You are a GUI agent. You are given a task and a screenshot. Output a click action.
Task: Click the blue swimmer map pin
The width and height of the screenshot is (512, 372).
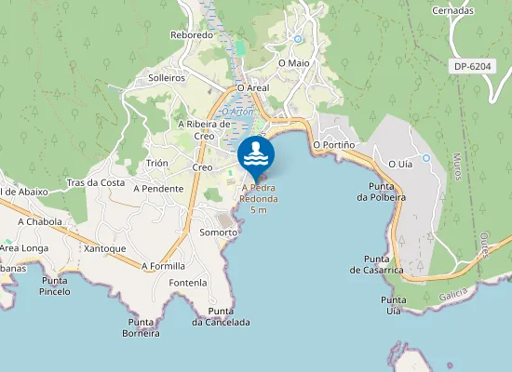click(256, 154)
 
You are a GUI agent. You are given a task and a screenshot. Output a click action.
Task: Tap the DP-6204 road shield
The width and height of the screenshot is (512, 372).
click(472, 66)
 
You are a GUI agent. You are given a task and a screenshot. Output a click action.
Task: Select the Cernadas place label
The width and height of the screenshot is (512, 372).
click(452, 10)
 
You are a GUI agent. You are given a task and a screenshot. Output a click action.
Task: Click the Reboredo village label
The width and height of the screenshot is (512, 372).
click(192, 34)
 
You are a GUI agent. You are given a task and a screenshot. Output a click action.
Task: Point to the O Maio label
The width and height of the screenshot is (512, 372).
click(293, 62)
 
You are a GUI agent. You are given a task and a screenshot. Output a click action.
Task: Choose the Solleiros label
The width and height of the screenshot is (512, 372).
click(167, 78)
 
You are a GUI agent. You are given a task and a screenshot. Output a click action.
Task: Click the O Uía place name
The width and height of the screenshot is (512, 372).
click(399, 163)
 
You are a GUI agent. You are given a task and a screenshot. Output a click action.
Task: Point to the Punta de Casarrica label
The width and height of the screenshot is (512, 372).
click(376, 264)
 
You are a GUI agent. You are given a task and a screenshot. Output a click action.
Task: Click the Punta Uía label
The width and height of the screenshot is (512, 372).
click(392, 306)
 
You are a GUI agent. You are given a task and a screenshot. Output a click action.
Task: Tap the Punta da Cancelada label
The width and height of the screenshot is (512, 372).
click(221, 316)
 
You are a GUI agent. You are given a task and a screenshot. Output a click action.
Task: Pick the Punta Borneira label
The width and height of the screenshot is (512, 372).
click(142, 327)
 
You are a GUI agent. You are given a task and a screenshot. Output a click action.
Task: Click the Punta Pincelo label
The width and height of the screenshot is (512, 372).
click(55, 286)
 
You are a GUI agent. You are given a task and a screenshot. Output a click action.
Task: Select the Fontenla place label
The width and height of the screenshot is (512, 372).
click(188, 282)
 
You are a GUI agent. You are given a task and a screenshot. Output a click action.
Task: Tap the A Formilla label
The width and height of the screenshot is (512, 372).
click(163, 265)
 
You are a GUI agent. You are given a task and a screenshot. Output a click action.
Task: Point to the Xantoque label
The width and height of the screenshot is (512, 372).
click(104, 248)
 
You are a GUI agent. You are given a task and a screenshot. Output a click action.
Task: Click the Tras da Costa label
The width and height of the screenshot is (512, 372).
click(96, 182)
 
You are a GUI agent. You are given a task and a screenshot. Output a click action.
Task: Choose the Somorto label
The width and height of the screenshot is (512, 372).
click(219, 232)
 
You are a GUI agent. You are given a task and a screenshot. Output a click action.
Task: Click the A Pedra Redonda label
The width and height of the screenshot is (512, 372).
click(259, 193)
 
